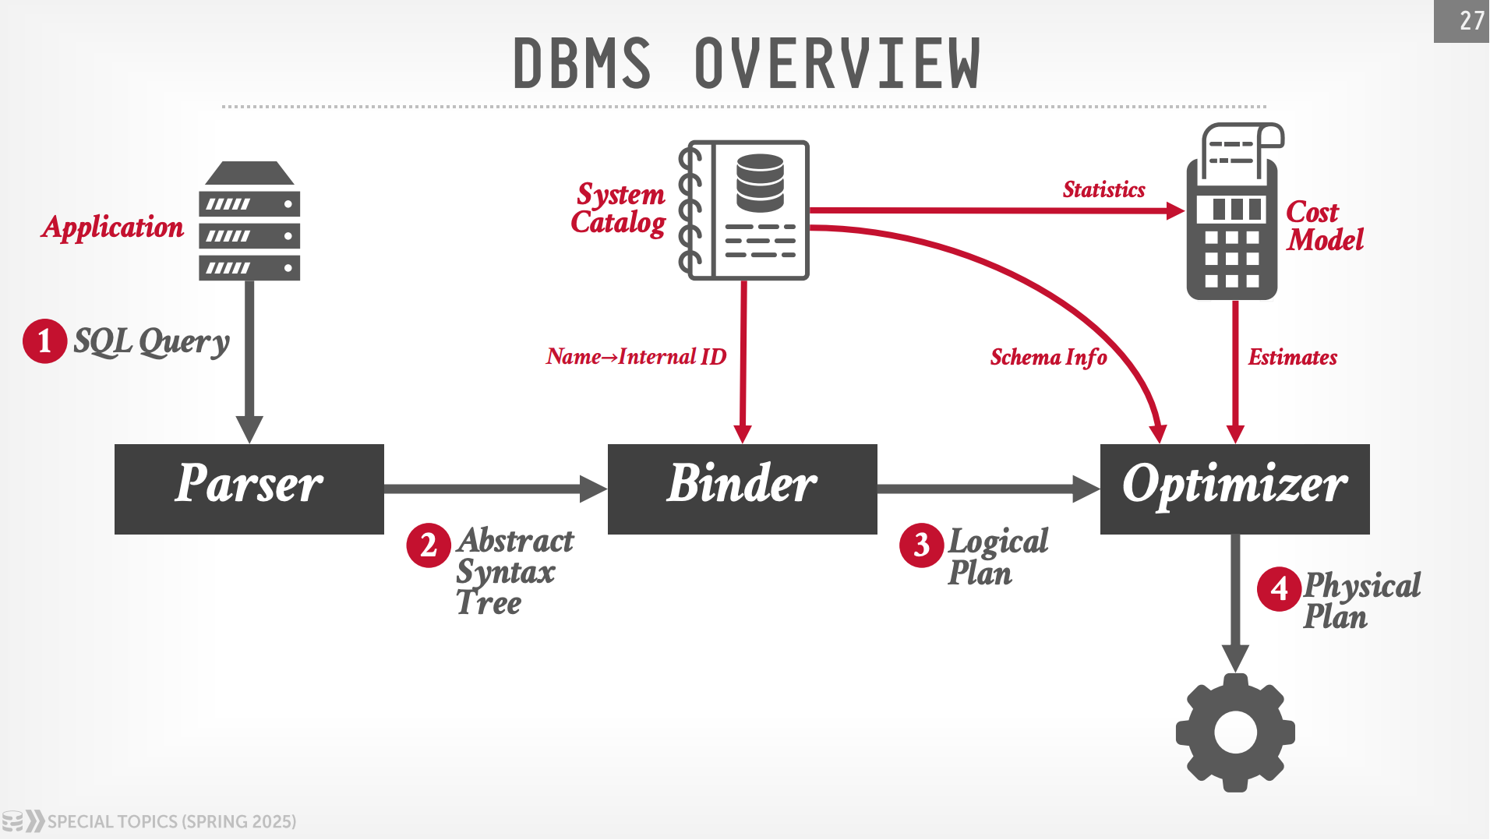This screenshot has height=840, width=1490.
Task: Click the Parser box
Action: click(249, 489)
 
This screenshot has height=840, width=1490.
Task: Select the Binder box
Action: click(742, 489)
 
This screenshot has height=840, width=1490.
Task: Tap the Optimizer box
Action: click(1234, 489)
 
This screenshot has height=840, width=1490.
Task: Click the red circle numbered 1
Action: click(44, 341)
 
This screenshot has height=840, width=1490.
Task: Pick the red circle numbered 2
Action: click(429, 545)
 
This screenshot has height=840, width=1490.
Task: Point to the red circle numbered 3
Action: click(921, 545)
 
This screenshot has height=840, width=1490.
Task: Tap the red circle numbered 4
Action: click(1279, 589)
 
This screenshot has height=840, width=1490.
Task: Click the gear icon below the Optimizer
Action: click(1235, 732)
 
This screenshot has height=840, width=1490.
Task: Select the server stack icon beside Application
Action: click(249, 222)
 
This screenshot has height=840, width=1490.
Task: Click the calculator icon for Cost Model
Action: click(1233, 214)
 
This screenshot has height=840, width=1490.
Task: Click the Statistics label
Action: click(1103, 189)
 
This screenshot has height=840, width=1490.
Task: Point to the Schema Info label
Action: click(1048, 357)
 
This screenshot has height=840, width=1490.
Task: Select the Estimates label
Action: click(1292, 357)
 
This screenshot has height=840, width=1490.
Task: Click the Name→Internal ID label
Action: click(636, 357)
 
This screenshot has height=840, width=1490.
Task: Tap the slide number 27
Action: click(1470, 20)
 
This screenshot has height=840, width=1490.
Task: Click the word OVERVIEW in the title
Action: click(837, 64)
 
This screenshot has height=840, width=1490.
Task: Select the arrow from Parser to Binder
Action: click(495, 489)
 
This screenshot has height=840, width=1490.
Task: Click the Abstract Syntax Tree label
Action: click(514, 572)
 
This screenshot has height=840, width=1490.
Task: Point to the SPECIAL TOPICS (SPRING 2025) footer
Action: click(171, 821)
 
